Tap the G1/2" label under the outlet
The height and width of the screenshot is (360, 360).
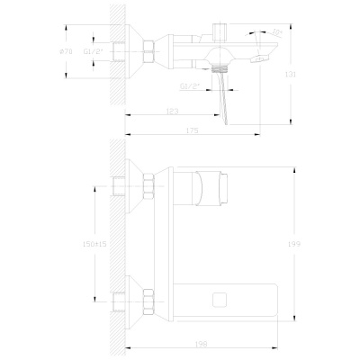click(x=190, y=86)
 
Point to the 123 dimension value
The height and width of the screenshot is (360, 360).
click(x=171, y=111)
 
